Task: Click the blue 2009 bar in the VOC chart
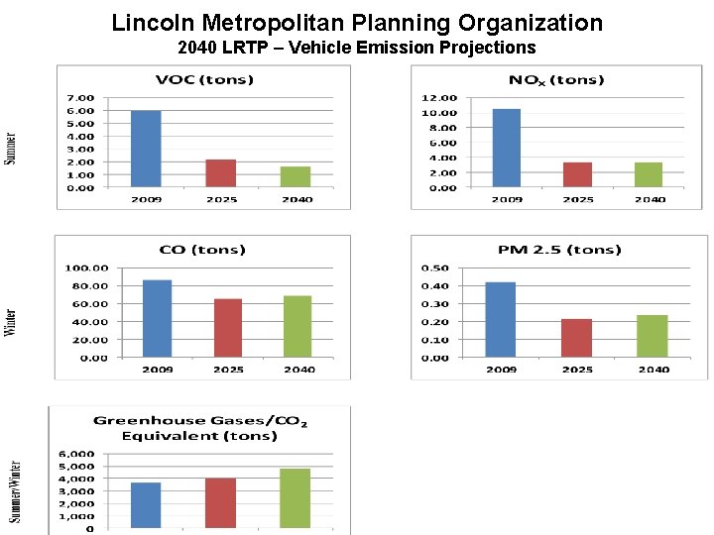(146, 149)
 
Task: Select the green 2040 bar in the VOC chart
(296, 176)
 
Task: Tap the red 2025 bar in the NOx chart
(577, 174)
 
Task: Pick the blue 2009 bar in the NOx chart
(506, 148)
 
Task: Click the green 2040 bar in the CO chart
(297, 327)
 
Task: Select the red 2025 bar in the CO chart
(228, 328)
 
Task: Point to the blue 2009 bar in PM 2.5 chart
(501, 319)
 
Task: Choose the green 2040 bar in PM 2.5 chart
(652, 336)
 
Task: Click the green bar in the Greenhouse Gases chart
(296, 498)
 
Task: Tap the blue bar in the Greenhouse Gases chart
(146, 505)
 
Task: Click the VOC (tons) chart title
(203, 80)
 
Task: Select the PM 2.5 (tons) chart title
(559, 250)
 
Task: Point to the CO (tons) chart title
(202, 250)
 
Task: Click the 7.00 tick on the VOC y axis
(80, 98)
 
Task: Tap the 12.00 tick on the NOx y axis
(439, 98)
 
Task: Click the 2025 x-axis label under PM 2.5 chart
(577, 370)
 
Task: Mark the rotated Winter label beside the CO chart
(10, 322)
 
